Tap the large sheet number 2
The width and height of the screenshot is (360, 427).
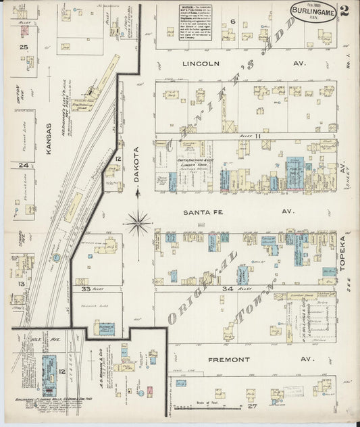coord(344,10)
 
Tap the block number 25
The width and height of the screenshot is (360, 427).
coord(24,47)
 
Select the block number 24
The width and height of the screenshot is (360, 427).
coord(24,165)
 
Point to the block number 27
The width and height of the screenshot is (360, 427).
coord(253,406)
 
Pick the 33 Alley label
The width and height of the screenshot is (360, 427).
coord(91,288)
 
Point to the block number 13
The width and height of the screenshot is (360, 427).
coord(22,284)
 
